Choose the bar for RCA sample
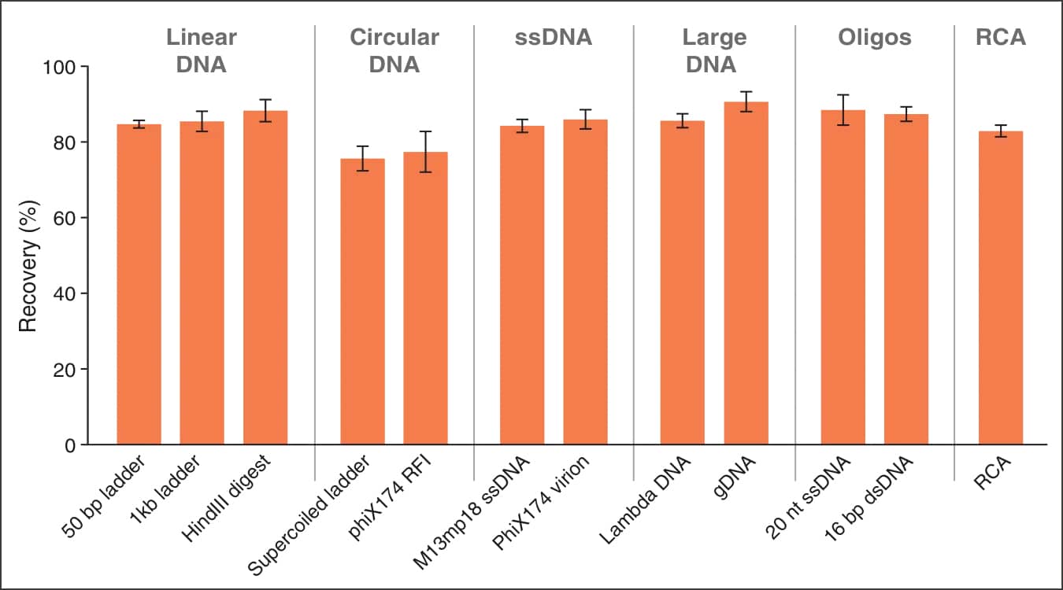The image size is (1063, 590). [x=1000, y=288]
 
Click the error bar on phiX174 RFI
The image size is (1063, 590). [x=425, y=151]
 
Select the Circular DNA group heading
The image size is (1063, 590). [x=394, y=50]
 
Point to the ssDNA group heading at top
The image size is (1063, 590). [x=554, y=37]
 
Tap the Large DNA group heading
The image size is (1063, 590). [x=714, y=50]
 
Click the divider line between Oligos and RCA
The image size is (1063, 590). [x=954, y=236]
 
